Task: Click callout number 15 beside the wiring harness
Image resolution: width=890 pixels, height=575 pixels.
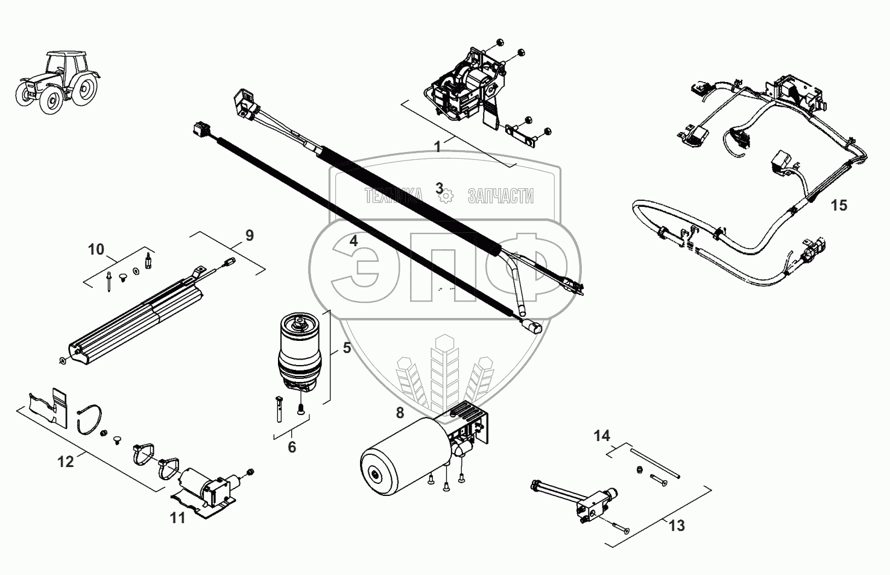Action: point(838,206)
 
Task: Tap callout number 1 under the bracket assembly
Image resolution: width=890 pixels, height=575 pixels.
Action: point(438,147)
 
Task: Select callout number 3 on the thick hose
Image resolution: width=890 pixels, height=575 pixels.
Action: point(440,187)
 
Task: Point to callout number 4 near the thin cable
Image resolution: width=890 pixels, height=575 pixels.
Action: point(354,240)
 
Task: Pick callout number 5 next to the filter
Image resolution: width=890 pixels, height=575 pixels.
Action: point(347,348)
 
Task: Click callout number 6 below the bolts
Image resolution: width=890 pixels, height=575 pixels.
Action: point(292,447)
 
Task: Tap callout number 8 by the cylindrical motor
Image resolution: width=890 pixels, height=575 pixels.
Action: point(400,413)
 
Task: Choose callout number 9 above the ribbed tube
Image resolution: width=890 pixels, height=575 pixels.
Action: point(249,235)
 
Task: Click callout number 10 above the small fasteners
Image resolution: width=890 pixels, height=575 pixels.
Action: point(96,249)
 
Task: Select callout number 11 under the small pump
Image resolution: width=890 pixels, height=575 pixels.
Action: point(177,518)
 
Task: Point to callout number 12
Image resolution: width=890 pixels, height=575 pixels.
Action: point(66,462)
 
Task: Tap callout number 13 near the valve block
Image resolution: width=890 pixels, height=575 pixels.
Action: point(677,526)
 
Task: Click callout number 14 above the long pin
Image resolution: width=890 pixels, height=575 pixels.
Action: point(602,436)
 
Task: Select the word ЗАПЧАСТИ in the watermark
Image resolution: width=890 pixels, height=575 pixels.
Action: point(500,195)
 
